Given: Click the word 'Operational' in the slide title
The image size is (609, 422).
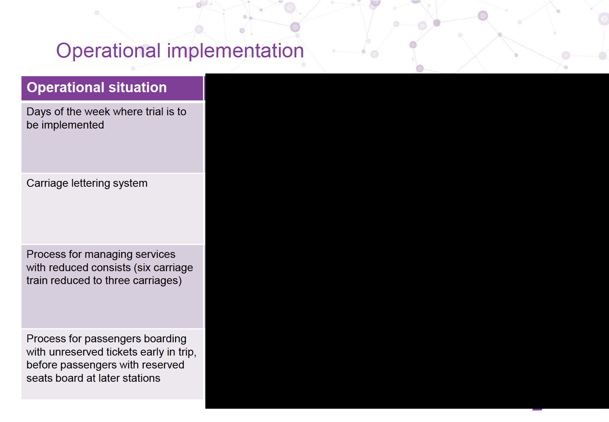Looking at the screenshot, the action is coord(108,51).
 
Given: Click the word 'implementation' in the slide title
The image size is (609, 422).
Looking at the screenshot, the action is coord(235,51).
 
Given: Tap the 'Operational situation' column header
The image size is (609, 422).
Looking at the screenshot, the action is coord(96,88).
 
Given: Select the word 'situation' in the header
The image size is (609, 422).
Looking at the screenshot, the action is coord(137,88).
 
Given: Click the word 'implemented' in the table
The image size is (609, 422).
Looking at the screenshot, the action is coord(73,125).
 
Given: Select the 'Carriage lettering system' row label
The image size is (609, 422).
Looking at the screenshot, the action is coord(87,183).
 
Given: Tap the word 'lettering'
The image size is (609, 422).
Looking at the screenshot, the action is coord(91,183).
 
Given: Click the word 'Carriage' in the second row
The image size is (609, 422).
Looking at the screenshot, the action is coord(47,183).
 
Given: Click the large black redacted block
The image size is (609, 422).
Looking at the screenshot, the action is coord(407,241).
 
